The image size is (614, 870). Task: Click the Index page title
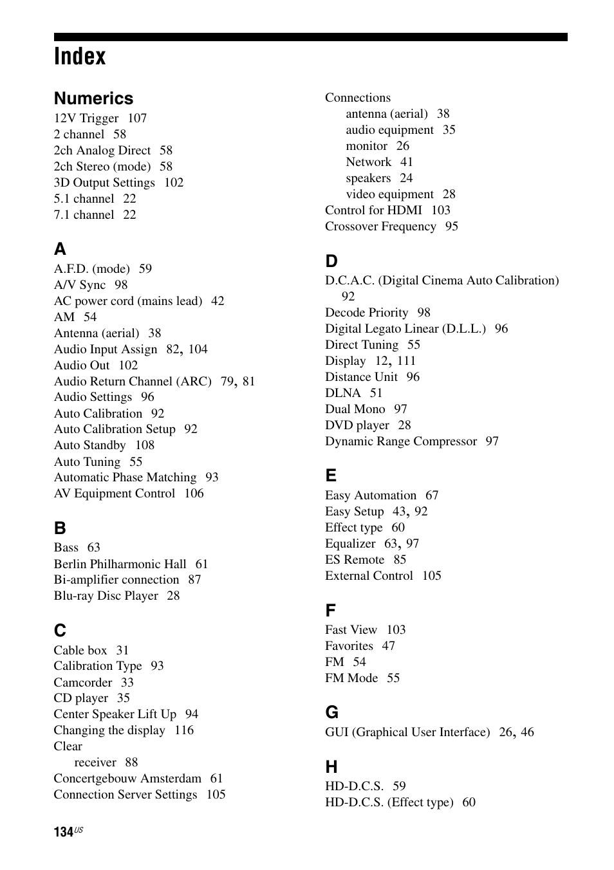80,57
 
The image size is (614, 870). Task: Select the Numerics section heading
93,98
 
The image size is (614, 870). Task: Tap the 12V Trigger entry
86,118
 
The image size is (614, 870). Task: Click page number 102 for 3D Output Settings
174,183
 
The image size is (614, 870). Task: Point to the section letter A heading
60,249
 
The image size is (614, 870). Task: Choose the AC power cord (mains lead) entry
128,301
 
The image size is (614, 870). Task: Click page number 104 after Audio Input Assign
198,349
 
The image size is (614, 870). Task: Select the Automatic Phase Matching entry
125,477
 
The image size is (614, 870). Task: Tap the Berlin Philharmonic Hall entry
120,564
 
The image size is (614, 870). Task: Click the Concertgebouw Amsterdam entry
127,779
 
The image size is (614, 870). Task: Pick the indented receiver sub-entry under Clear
95,763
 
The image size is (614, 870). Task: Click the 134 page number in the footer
64,832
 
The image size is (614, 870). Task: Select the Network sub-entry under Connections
368,162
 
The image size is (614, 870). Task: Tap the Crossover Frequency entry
380,227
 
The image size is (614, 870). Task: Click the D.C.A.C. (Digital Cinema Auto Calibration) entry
442,281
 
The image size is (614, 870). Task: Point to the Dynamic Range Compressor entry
401,441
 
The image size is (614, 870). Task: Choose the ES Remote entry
355,560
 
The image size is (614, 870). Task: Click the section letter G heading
331,712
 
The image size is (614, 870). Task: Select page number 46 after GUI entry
527,732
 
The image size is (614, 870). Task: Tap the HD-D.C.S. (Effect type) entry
389,802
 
